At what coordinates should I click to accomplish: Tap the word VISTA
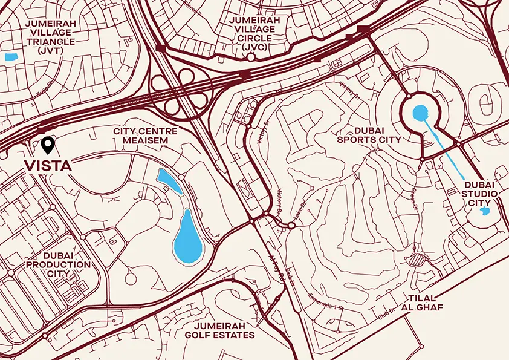[48, 165]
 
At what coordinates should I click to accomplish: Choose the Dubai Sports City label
[370, 134]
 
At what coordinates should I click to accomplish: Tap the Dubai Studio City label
[481, 193]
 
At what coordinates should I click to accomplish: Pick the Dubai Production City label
[59, 264]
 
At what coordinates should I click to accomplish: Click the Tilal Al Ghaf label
[424, 303]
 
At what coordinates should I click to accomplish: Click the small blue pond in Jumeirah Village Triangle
[10, 57]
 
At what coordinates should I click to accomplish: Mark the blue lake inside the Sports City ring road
[421, 112]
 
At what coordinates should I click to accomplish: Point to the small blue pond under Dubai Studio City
[484, 211]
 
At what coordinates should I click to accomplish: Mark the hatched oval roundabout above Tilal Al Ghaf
[417, 260]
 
